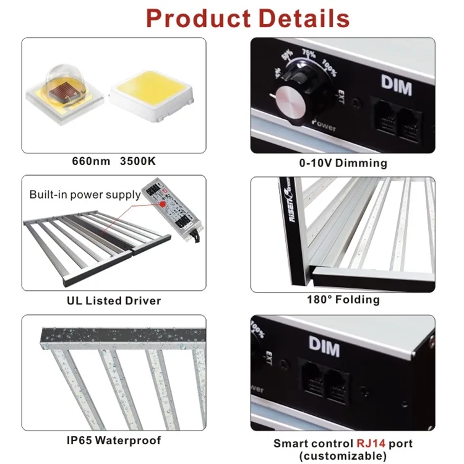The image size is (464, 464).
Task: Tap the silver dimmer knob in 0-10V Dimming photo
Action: click(x=291, y=101)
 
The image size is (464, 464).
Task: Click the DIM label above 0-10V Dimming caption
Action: click(x=396, y=87)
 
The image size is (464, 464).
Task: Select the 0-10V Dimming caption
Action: click(x=342, y=163)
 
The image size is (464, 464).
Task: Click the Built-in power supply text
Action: click(x=85, y=194)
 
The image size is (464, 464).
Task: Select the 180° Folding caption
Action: click(x=343, y=300)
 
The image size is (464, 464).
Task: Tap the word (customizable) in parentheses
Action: click(x=342, y=456)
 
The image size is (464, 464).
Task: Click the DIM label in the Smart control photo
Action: click(x=324, y=348)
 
